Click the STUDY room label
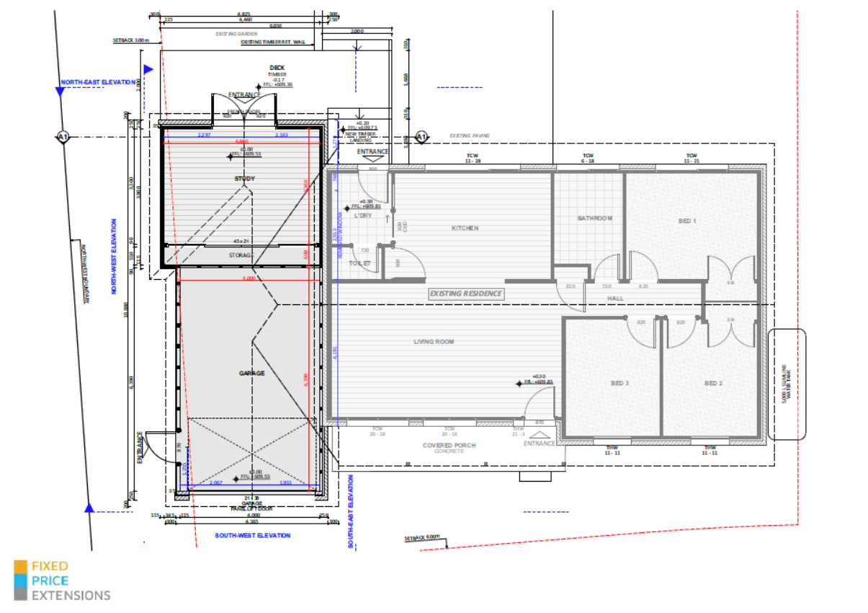[245, 178]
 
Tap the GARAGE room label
[252, 373]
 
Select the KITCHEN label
[465, 228]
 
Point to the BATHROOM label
[595, 219]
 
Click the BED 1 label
[687, 221]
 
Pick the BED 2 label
[713, 383]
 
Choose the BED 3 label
[620, 383]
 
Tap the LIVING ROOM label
[434, 341]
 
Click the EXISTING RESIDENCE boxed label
[466, 294]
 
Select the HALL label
[615, 298]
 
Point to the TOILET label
[359, 263]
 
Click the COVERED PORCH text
[449, 446]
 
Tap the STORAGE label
[242, 255]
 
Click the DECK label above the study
[277, 68]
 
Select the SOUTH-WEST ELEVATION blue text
[253, 535]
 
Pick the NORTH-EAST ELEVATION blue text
[98, 82]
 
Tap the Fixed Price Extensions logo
[62, 581]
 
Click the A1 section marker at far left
[63, 136]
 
